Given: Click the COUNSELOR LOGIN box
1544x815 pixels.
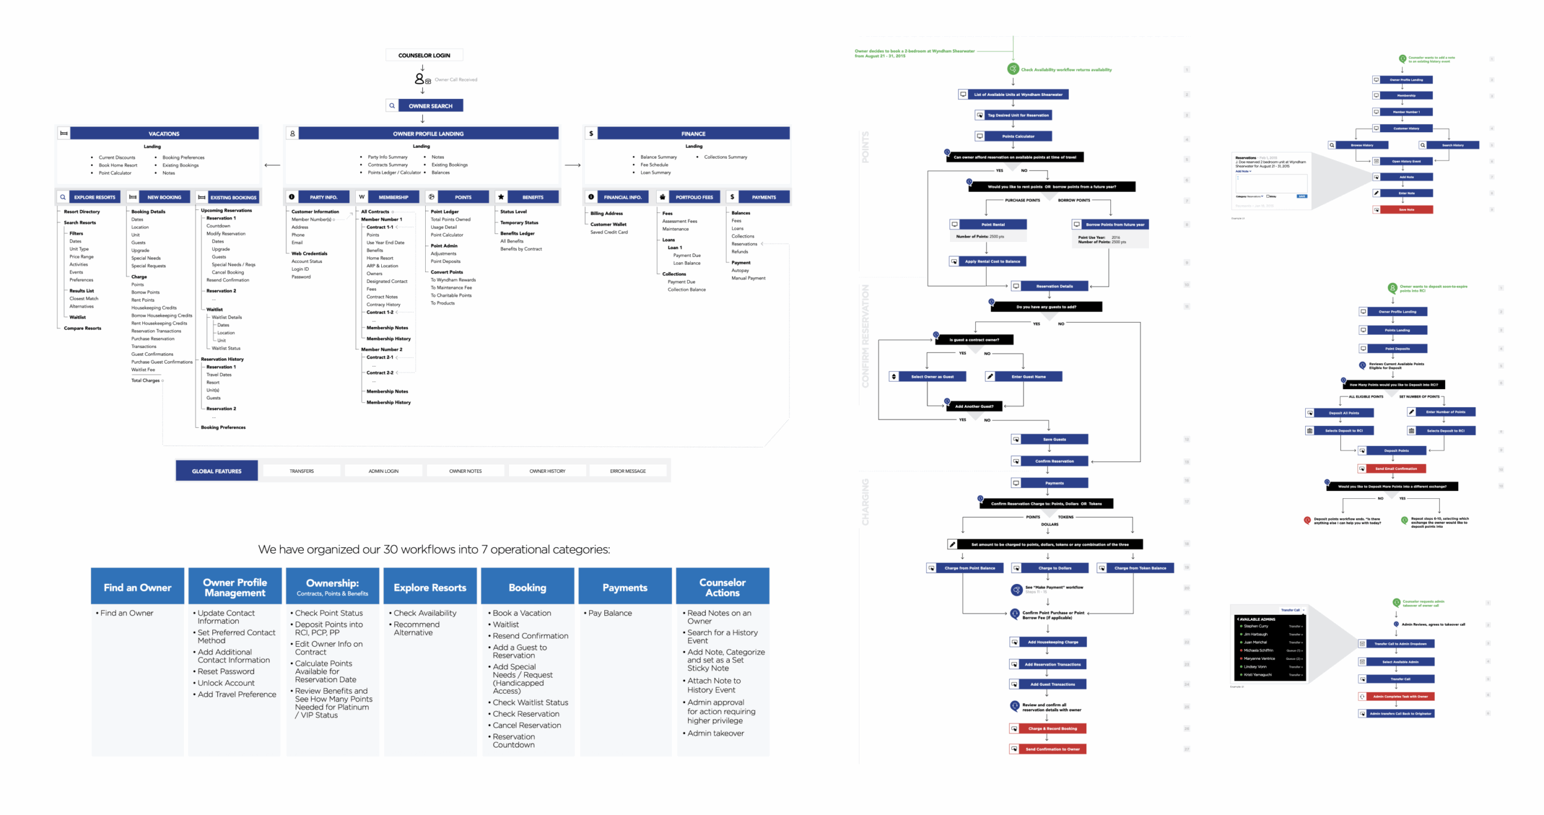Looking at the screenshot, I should [423, 55].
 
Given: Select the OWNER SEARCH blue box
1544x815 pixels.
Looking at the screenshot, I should [430, 106].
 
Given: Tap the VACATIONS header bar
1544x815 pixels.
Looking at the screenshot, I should [164, 133].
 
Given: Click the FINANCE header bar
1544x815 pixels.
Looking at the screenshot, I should [692, 133].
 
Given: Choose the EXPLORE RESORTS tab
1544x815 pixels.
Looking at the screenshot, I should [94, 197].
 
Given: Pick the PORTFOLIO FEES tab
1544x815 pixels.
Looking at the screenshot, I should [694, 197].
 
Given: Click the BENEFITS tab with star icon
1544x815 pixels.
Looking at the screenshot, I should [532, 197].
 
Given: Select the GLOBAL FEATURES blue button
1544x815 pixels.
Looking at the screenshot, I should [217, 471].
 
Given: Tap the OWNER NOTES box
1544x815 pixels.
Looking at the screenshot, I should [465, 471].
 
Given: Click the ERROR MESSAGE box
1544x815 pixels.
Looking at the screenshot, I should [627, 471].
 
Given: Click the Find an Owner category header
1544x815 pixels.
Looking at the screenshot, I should [138, 587].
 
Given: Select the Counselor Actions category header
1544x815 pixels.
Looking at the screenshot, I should [722, 587].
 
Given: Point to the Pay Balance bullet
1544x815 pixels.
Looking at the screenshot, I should [610, 613].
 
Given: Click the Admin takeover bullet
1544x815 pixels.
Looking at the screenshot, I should [715, 733].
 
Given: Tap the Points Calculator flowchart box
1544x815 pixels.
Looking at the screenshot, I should [1018, 136].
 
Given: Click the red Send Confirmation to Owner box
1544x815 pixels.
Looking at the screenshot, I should [1052, 749].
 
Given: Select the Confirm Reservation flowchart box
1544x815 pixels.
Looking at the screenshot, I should [1054, 461].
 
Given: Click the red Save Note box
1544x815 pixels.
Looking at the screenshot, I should [1406, 209].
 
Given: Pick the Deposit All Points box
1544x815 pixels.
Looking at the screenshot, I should [1344, 413].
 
